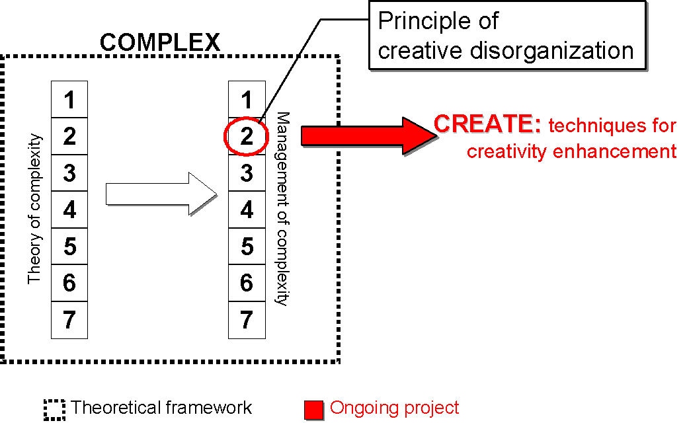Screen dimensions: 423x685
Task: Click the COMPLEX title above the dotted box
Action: click(x=159, y=42)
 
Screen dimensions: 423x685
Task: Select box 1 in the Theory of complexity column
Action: click(x=69, y=100)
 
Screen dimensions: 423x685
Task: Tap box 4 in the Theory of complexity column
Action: click(x=69, y=210)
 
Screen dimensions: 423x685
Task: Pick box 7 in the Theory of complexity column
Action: click(x=69, y=320)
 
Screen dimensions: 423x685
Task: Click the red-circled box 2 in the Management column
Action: click(x=247, y=137)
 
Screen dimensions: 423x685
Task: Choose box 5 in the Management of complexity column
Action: click(x=247, y=247)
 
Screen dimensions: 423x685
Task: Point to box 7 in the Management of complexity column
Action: click(x=247, y=320)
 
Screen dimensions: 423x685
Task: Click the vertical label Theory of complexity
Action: click(x=34, y=210)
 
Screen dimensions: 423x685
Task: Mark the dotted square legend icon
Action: click(x=55, y=410)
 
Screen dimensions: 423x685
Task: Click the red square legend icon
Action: click(x=313, y=410)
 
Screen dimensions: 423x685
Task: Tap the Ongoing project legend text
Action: click(x=394, y=408)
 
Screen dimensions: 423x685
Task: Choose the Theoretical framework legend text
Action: click(x=161, y=408)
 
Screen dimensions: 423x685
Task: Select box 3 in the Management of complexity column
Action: click(x=247, y=173)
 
